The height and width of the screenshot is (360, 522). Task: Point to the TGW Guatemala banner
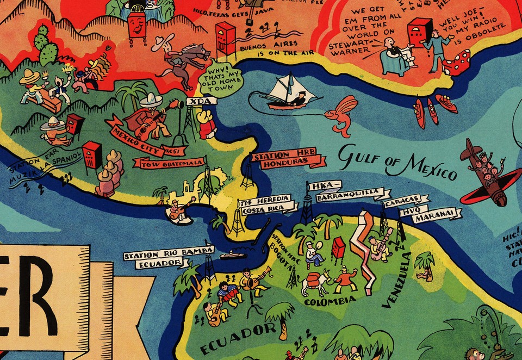point(171,163)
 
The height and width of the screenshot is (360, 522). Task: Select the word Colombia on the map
point(330,300)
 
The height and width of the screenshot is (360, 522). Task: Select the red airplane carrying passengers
point(484,171)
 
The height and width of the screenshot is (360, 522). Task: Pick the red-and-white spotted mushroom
point(458,61)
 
